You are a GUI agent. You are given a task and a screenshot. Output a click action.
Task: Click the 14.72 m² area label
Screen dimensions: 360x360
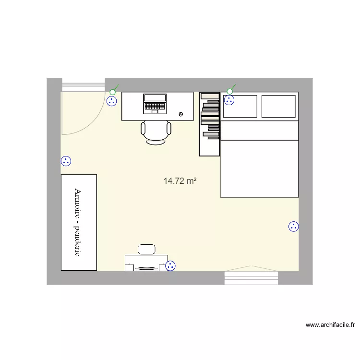click(x=180, y=181)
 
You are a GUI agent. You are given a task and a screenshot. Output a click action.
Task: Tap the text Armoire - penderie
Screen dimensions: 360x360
click(x=77, y=222)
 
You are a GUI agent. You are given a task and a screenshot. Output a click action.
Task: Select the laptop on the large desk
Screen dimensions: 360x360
click(x=155, y=103)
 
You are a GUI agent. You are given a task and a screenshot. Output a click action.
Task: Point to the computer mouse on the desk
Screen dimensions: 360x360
click(x=181, y=114)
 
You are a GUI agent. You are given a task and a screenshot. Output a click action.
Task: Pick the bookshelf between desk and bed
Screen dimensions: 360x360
click(x=210, y=124)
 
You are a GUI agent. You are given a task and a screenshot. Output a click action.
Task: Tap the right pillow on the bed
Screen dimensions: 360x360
click(x=278, y=106)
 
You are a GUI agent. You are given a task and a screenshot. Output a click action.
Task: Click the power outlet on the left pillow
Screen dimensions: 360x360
click(x=229, y=100)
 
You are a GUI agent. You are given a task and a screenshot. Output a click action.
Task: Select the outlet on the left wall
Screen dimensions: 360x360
click(x=66, y=161)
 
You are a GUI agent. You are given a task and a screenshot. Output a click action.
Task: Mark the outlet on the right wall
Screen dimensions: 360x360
click(x=294, y=227)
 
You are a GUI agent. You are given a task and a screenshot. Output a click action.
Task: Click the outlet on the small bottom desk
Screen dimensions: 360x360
click(x=170, y=265)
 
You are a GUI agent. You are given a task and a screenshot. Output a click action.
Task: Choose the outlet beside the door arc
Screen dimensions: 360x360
click(x=112, y=101)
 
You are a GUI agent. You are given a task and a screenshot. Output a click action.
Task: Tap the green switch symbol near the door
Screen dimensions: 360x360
click(x=113, y=91)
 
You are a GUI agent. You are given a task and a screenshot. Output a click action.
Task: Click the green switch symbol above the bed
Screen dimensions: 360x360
click(x=230, y=91)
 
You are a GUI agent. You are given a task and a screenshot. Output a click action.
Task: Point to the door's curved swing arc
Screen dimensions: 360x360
click(x=96, y=122)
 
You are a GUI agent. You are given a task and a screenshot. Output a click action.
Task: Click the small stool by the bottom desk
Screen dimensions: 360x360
click(x=146, y=249)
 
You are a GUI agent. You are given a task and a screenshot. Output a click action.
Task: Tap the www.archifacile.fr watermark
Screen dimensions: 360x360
click(x=330, y=325)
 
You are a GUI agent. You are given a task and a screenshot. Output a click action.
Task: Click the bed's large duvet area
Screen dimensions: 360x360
click(x=259, y=168)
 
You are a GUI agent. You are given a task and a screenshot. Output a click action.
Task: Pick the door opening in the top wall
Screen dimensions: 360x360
click(x=84, y=84)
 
